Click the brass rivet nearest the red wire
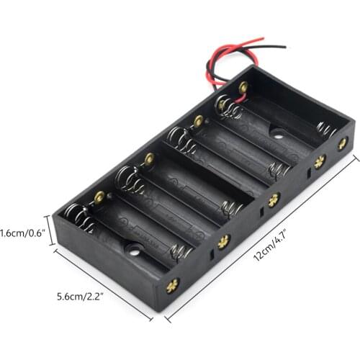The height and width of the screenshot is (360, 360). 243,87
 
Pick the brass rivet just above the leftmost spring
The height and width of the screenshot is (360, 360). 99,195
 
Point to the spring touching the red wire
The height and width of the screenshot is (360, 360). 229,107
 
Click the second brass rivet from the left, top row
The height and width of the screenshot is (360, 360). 149,158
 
